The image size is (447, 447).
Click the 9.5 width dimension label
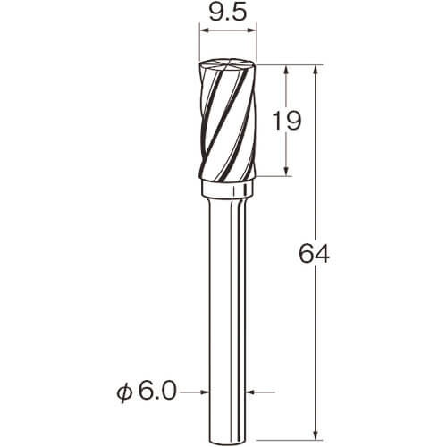point(228,13)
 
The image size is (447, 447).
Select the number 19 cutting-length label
point(287,121)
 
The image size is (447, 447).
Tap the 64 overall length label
point(314,254)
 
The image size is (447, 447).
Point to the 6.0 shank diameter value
point(157,392)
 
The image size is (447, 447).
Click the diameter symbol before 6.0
point(124,392)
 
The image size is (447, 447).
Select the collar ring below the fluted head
point(228,189)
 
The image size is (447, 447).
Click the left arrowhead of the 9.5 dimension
point(204,30)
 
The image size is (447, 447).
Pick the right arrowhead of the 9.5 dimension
point(252,30)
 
